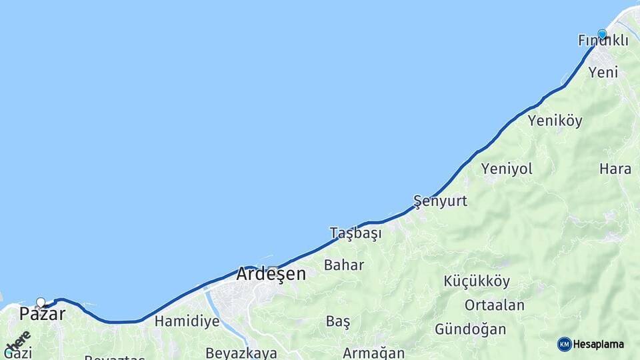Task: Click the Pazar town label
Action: pyautogui.click(x=42, y=314)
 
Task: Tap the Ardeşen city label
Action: pyautogui.click(x=271, y=274)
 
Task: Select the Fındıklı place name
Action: pyautogui.click(x=603, y=41)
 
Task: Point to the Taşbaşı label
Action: pyautogui.click(x=355, y=233)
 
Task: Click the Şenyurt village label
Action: pyautogui.click(x=440, y=201)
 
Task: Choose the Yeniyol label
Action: pyautogui.click(x=507, y=169)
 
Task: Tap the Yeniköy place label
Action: pyautogui.click(x=555, y=121)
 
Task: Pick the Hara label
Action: pyautogui.click(x=615, y=169)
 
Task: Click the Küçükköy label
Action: pyautogui.click(x=477, y=281)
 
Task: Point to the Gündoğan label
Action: pyautogui.click(x=470, y=329)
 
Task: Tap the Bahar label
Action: pyautogui.click(x=344, y=265)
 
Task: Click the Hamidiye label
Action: pyautogui.click(x=187, y=321)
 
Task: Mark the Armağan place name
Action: pyautogui.click(x=373, y=353)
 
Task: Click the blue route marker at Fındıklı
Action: pyautogui.click(x=602, y=34)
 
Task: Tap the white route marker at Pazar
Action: pyautogui.click(x=41, y=302)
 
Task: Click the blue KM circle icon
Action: pyautogui.click(x=565, y=344)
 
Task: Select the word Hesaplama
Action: pyautogui.click(x=598, y=344)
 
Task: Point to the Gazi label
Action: pyautogui.click(x=18, y=353)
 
